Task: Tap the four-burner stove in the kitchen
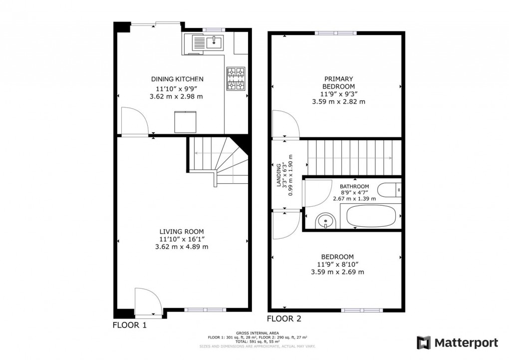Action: (x=236, y=79)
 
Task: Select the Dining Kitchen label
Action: (x=177, y=79)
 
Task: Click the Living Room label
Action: (x=182, y=231)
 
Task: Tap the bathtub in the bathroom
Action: (x=371, y=217)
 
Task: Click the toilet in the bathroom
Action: (x=389, y=190)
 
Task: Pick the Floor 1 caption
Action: (x=130, y=325)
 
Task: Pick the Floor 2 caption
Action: (x=284, y=319)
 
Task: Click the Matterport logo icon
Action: (x=423, y=343)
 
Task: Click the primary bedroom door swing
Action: (x=285, y=124)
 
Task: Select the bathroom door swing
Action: (x=314, y=194)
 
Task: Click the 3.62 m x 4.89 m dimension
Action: (x=182, y=247)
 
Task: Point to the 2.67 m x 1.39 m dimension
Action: (x=354, y=198)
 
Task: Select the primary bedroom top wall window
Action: (x=335, y=33)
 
